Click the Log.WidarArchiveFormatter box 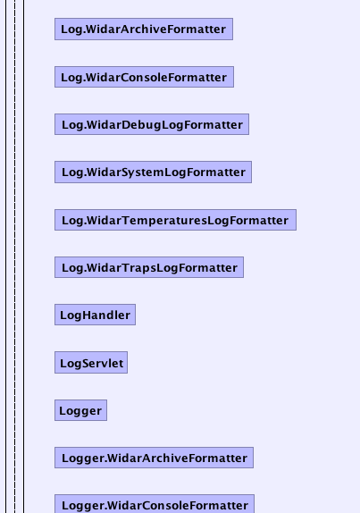[144, 29]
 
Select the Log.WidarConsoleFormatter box [144, 77]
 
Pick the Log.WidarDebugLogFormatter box [152, 124]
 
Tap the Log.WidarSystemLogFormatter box [153, 172]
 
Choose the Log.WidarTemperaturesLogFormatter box [175, 220]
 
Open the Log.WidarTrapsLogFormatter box [149, 267]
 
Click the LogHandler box [96, 315]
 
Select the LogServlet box [91, 363]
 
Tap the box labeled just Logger [80, 410]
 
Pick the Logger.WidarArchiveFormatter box [154, 458]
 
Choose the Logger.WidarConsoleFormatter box [155, 504]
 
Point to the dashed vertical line [14, 256]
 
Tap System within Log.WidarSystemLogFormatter [143, 172]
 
